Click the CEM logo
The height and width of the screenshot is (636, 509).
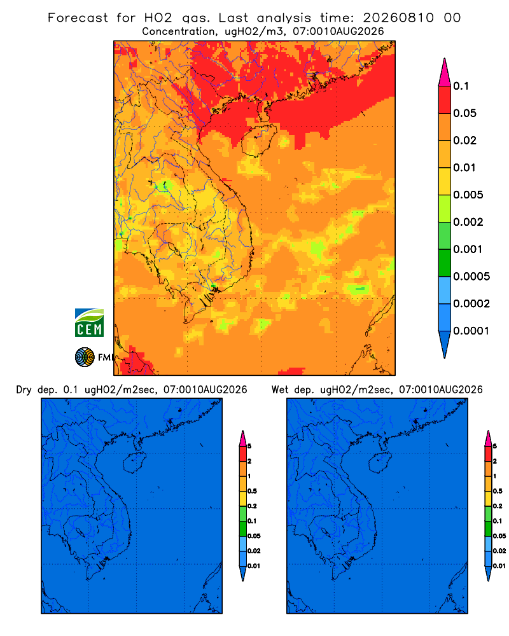click(x=89, y=323)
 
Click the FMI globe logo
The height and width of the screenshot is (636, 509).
click(x=85, y=357)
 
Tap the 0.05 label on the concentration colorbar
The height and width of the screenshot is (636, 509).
click(x=464, y=113)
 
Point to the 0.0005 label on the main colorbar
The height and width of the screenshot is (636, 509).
click(x=471, y=277)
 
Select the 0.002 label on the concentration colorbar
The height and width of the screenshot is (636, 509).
click(x=468, y=222)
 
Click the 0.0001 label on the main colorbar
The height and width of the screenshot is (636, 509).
click(x=471, y=331)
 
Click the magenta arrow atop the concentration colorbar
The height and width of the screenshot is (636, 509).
click(x=445, y=73)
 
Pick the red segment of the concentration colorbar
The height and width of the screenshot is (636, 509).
click(x=445, y=100)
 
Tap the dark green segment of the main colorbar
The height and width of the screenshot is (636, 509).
click(x=445, y=263)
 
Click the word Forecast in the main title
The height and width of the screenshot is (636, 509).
click(x=78, y=18)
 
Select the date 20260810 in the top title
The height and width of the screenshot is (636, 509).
click(x=398, y=18)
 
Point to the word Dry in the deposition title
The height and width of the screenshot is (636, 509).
click(x=24, y=390)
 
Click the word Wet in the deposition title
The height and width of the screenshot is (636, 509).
click(x=280, y=390)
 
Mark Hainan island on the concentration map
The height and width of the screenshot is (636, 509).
click(x=258, y=141)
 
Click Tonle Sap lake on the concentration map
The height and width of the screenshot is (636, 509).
click(x=172, y=247)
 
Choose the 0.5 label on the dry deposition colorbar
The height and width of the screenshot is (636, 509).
click(x=252, y=491)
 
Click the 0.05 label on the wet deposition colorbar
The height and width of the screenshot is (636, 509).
click(x=499, y=536)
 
